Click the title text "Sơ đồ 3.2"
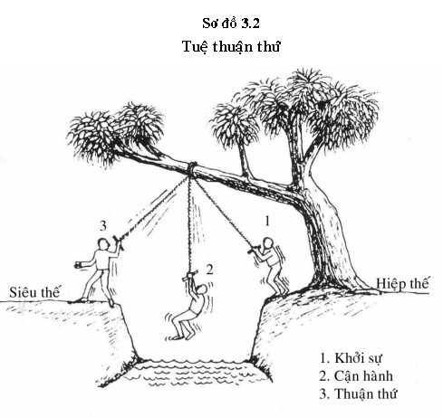pyautogui.click(x=231, y=24)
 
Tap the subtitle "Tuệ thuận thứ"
pyautogui.click(x=231, y=46)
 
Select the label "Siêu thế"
pyautogui.click(x=34, y=292)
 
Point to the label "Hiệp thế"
pyautogui.click(x=402, y=284)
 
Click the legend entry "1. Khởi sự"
pyautogui.click(x=351, y=358)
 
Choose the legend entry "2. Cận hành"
pyautogui.click(x=356, y=376)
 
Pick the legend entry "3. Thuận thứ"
pyautogui.click(x=358, y=393)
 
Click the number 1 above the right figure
pyautogui.click(x=267, y=221)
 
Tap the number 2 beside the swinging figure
pyautogui.click(x=209, y=270)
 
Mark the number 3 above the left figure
pyautogui.click(x=103, y=226)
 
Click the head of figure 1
pyautogui.click(x=267, y=243)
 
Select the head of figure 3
pyautogui.click(x=103, y=243)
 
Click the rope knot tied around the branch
pyautogui.click(x=192, y=168)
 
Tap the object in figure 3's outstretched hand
pyautogui.click(x=78, y=265)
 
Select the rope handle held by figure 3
pyautogui.click(x=119, y=242)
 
